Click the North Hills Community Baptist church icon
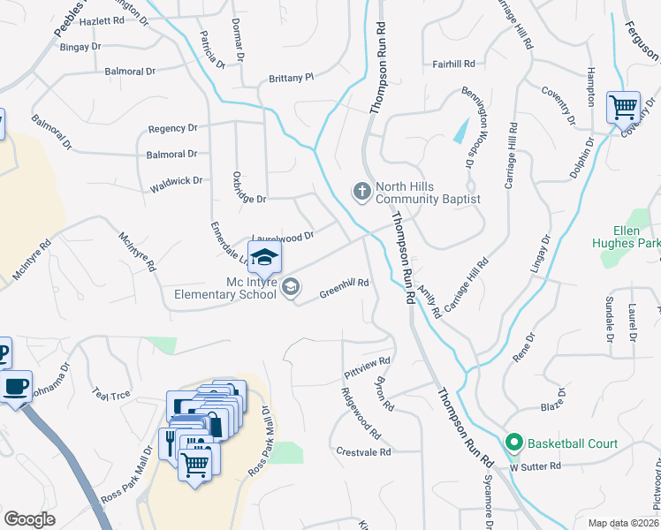tap(361, 191)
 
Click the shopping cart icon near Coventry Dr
tap(623, 108)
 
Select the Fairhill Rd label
tap(454, 64)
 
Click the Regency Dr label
tap(172, 128)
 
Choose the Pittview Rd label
tap(367, 368)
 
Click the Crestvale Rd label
tap(363, 451)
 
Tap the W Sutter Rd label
tap(536, 466)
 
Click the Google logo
tap(29, 519)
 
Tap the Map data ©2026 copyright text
tap(622, 523)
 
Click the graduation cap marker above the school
tap(264, 257)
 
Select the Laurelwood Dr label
tap(283, 237)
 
